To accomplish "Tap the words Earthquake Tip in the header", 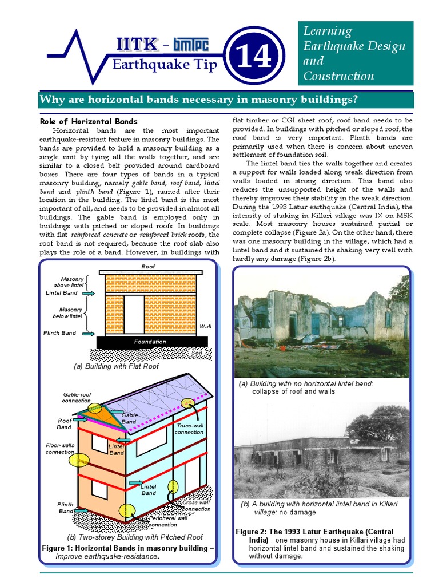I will pyautogui.click(x=165, y=64).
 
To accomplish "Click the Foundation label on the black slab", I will pyautogui.click(x=150, y=342).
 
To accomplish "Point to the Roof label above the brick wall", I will pyautogui.click(x=148, y=267).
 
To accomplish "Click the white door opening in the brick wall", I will pyautogui.click(x=134, y=314).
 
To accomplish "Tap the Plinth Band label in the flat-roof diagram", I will pyautogui.click(x=59, y=333).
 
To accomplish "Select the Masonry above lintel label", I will pyautogui.click(x=69, y=282).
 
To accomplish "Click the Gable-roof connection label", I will pyautogui.click(x=77, y=398).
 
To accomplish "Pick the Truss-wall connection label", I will pyautogui.click(x=189, y=429).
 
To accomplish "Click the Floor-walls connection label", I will pyautogui.click(x=61, y=448).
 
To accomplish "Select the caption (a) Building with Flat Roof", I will pyautogui.click(x=117, y=366).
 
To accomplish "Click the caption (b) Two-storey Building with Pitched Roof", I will pyautogui.click(x=135, y=537).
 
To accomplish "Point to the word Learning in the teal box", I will pyautogui.click(x=328, y=31).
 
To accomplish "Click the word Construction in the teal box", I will pyautogui.click(x=338, y=76).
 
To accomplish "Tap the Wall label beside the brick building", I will pyautogui.click(x=205, y=327).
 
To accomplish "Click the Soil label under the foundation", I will pyautogui.click(x=197, y=353).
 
